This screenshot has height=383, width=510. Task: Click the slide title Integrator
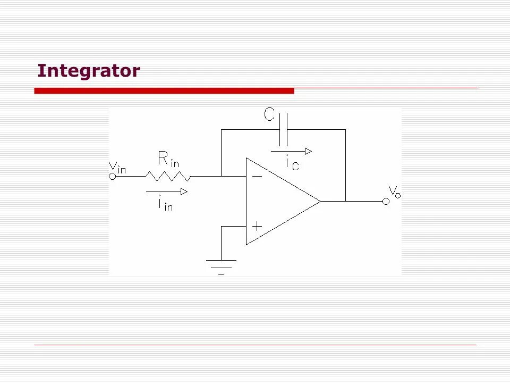[x=89, y=71]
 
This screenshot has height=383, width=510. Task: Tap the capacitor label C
[x=270, y=114]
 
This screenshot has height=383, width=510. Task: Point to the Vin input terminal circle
[x=113, y=176]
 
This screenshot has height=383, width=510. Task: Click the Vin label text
[x=117, y=167]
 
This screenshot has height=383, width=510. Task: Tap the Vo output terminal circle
[x=386, y=201]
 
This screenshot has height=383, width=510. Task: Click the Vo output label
[x=394, y=191]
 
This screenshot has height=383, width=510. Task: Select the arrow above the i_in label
[x=167, y=191]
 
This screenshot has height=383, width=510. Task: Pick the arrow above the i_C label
[x=291, y=151]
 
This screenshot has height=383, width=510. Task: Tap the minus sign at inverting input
[x=257, y=176]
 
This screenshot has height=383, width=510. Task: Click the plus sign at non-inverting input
[x=257, y=226]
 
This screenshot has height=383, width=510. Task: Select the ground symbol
[x=221, y=265]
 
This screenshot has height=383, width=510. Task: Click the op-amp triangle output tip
[x=320, y=201]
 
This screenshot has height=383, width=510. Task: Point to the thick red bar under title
[x=164, y=91]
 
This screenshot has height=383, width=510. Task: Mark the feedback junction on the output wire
[x=345, y=201]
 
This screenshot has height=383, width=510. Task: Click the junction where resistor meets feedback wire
[x=222, y=176]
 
